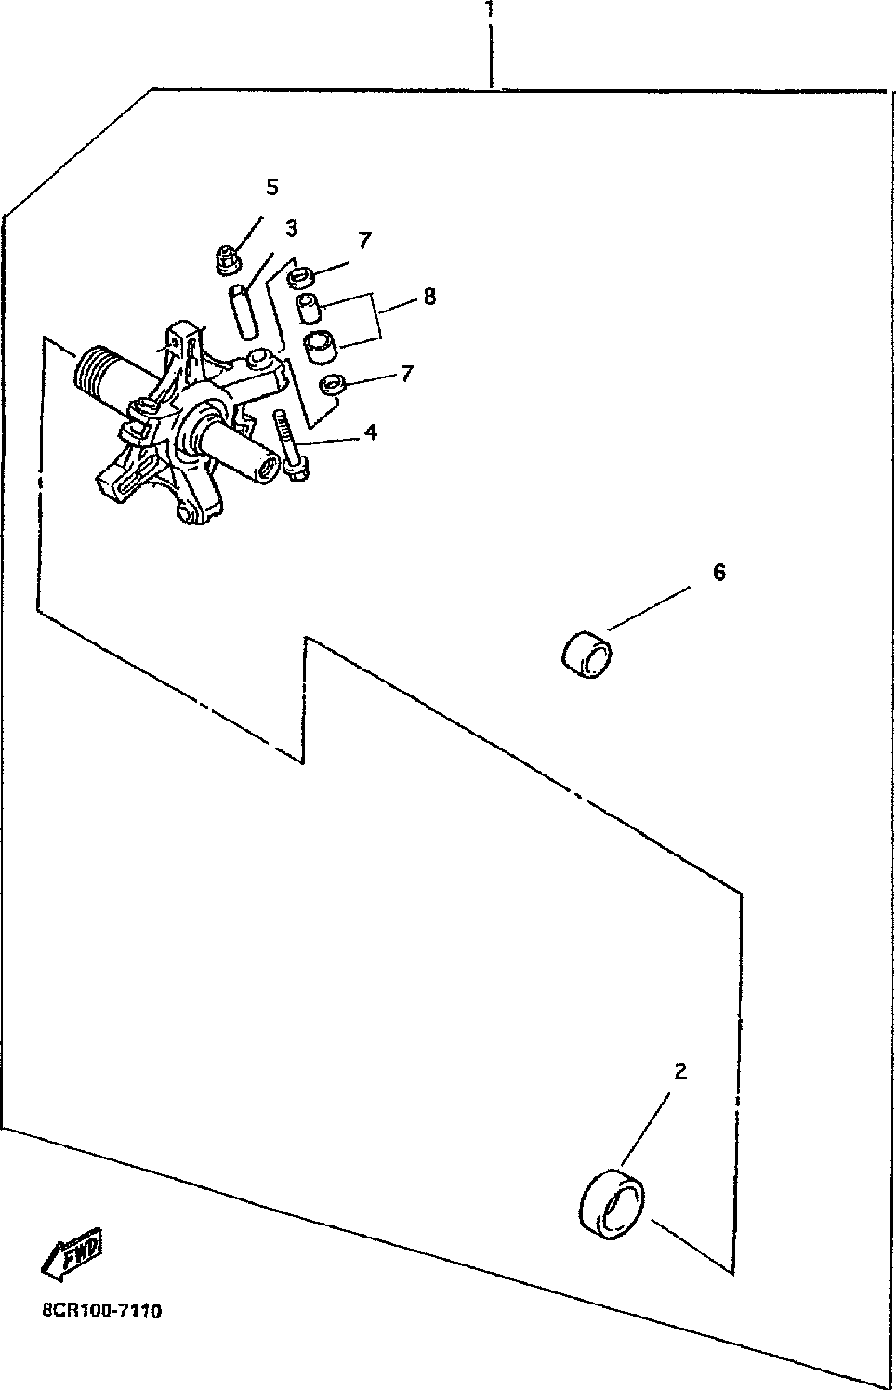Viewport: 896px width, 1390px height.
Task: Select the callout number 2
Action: point(680,1072)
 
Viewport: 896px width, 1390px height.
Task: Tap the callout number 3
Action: point(291,228)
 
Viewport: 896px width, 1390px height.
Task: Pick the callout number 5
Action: point(272,187)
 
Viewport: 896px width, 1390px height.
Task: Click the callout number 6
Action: point(718,572)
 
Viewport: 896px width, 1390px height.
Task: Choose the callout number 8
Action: point(428,297)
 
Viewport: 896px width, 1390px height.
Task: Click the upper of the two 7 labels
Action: point(364,241)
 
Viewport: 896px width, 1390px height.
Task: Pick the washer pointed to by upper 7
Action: point(300,276)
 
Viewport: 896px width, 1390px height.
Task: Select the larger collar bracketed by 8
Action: point(323,346)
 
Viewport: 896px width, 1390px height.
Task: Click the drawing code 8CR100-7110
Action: point(101,1311)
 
